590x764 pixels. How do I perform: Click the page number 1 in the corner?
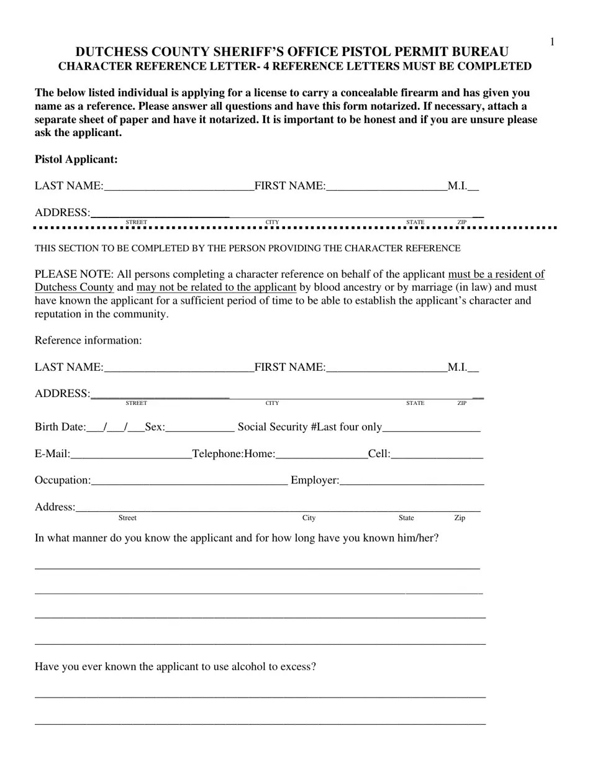click(x=551, y=42)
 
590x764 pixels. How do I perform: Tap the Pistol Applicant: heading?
click(x=76, y=160)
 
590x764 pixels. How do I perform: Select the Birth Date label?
click(x=60, y=427)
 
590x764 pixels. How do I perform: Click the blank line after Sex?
click(x=200, y=429)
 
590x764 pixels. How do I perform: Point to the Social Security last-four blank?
click(x=432, y=429)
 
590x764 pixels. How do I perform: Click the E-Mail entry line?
click(x=131, y=455)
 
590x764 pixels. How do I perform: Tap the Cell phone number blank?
click(x=437, y=455)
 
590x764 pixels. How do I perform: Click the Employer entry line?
click(x=412, y=482)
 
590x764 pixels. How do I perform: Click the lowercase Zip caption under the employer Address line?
click(x=460, y=518)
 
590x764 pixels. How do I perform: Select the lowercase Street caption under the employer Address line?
click(x=127, y=518)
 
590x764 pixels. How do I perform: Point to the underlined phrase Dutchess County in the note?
click(x=74, y=288)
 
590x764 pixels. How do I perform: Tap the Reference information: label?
click(x=88, y=340)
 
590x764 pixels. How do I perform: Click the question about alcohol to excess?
click(x=175, y=666)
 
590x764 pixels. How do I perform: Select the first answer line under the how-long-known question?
click(x=257, y=566)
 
